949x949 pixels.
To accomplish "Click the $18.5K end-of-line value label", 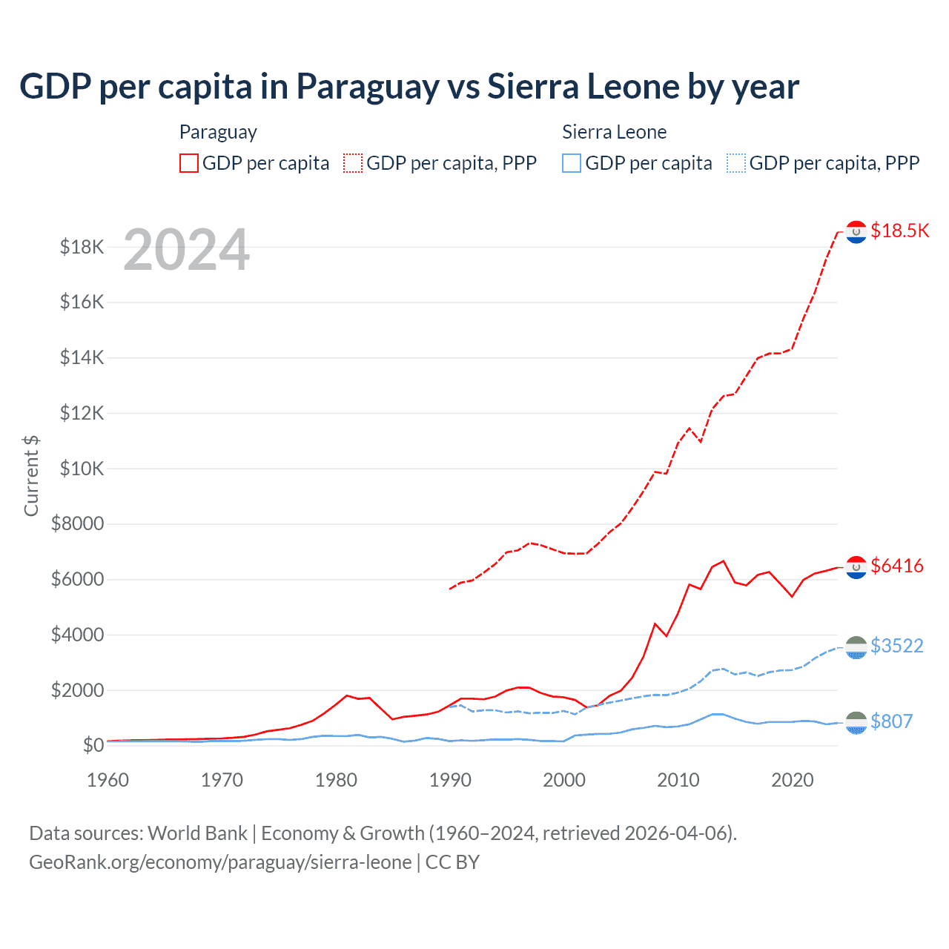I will pyautogui.click(x=899, y=231).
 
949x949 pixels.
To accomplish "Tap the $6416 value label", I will pyautogui.click(x=897, y=566).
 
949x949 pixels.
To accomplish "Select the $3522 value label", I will pyautogui.click(x=897, y=646).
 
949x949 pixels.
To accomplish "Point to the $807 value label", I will pyautogui.click(x=891, y=721).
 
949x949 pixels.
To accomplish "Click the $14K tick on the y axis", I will pyautogui.click(x=82, y=357).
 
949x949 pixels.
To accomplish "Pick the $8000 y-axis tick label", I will pyautogui.click(x=77, y=524).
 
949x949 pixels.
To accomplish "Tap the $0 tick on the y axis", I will pyautogui.click(x=93, y=745).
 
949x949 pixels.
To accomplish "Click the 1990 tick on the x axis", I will pyautogui.click(x=450, y=780).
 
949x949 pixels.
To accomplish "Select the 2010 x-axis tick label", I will pyautogui.click(x=678, y=780).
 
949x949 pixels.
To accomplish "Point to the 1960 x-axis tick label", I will pyautogui.click(x=108, y=780).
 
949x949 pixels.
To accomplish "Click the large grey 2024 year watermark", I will pyautogui.click(x=186, y=250).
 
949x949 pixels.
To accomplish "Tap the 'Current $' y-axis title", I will pyautogui.click(x=31, y=476).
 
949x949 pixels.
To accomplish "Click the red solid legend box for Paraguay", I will pyautogui.click(x=189, y=163).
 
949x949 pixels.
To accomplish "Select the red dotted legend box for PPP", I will pyautogui.click(x=353, y=163).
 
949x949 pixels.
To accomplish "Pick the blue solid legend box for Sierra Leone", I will pyautogui.click(x=572, y=163).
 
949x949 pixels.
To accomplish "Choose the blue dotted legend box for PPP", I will pyautogui.click(x=735, y=163).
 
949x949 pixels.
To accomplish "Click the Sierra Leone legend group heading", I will pyautogui.click(x=614, y=132).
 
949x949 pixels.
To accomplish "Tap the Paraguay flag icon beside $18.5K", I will pyautogui.click(x=856, y=232).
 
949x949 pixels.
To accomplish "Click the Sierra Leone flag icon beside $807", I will pyautogui.click(x=856, y=722).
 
